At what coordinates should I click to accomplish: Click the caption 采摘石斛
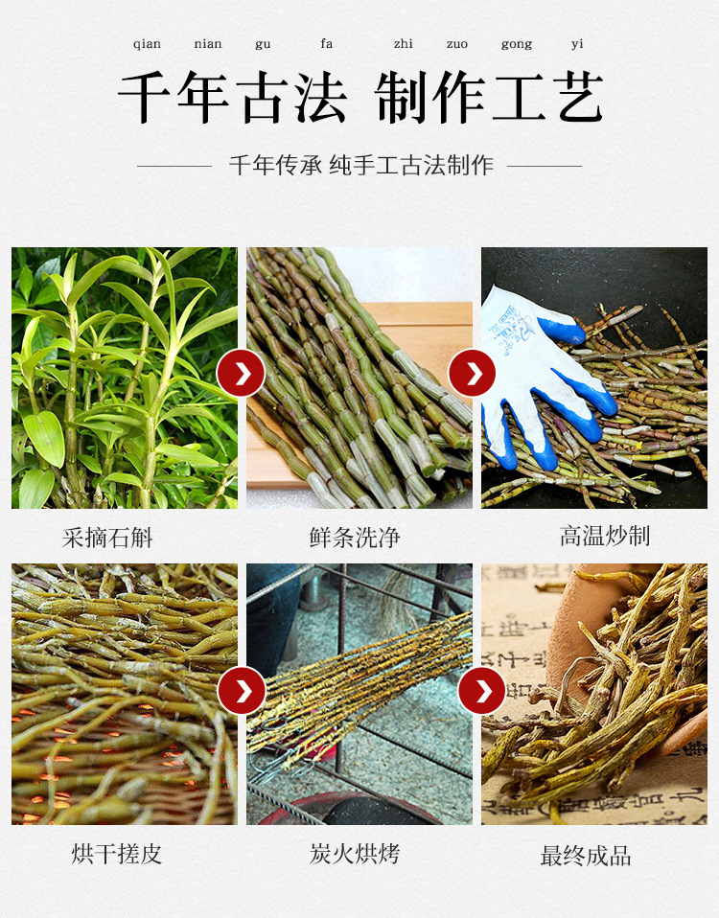point(107,538)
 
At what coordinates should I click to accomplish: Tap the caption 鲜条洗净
point(355,538)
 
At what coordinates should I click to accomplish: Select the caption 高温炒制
point(605,536)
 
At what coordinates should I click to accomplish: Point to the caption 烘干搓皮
point(117,854)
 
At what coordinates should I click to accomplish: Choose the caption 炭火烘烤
point(355,854)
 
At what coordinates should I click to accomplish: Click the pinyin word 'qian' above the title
point(147,44)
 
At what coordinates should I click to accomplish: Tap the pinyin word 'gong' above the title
point(517,44)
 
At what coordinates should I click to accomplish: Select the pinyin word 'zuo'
point(456,44)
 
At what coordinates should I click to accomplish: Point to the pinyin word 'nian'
point(207,44)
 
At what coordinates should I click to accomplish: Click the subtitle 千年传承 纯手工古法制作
point(360,165)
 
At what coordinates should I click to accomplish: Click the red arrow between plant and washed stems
point(241,374)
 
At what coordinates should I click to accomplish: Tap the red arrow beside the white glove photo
point(472,374)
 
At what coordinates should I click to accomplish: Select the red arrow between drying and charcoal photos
point(241,690)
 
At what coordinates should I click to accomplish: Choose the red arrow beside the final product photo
point(481,690)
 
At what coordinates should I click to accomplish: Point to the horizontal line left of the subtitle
point(174,166)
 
